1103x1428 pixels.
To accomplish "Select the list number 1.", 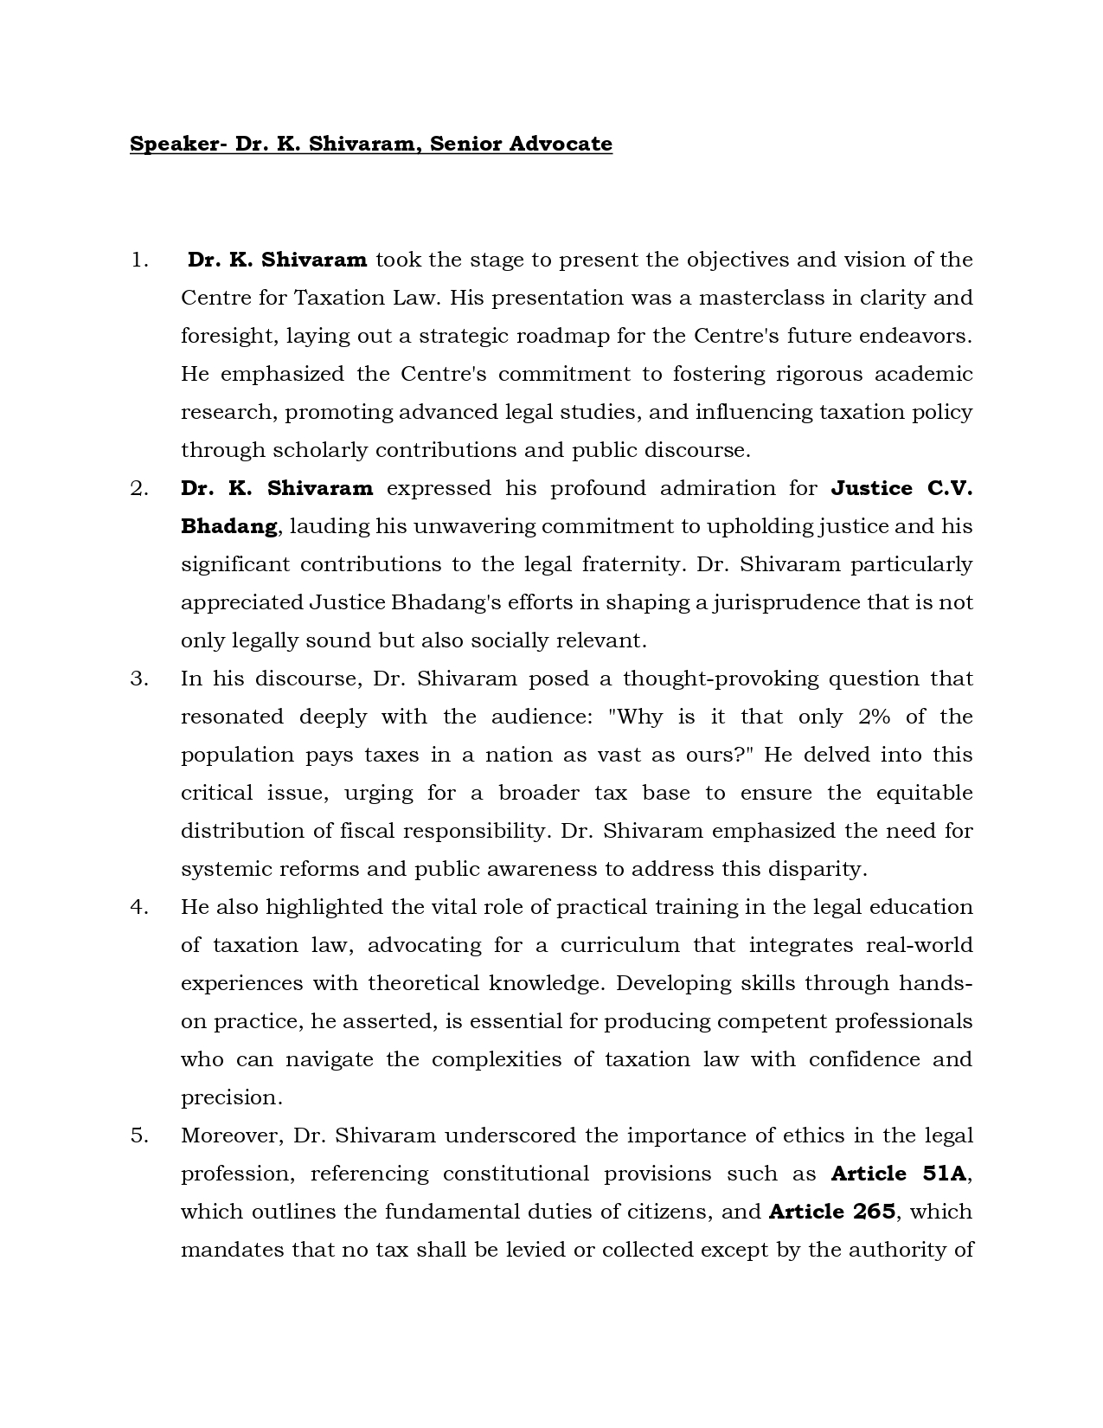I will coord(139,260).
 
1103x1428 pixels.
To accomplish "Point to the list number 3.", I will coord(139,679).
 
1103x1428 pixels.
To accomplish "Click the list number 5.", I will coord(139,1135).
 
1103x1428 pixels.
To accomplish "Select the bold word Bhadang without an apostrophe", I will coord(228,526).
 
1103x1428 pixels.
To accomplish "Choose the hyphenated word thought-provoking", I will coord(720,679).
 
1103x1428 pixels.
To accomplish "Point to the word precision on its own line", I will coord(231,1097).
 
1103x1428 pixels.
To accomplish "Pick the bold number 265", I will coord(874,1212).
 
